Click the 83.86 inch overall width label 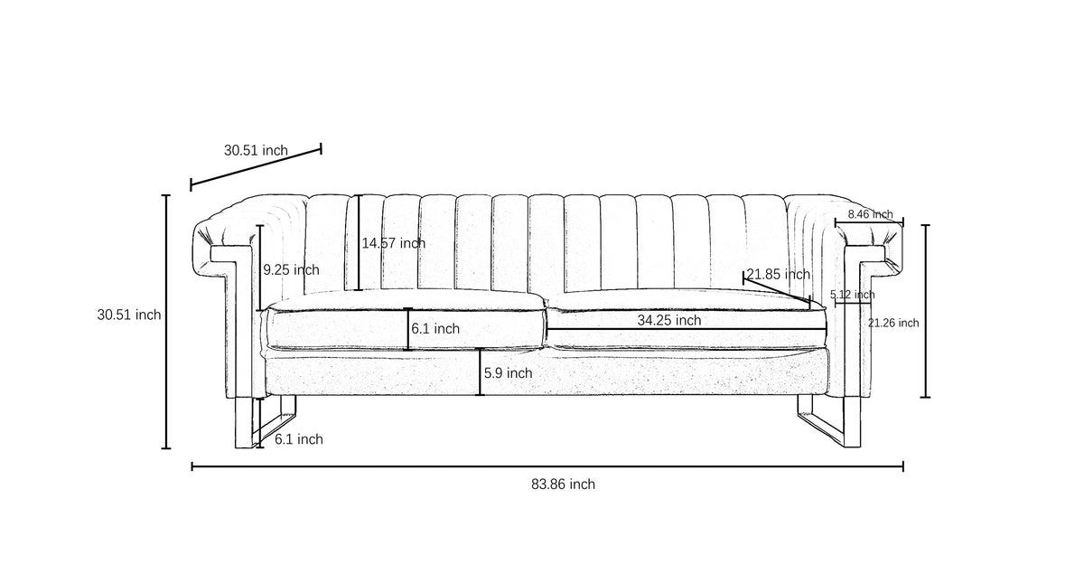tap(563, 484)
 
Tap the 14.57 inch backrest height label tap(394, 243)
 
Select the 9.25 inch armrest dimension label tap(291, 269)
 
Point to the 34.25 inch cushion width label tap(668, 320)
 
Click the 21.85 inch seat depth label tap(778, 275)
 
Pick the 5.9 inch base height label tap(508, 372)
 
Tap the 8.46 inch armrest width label tap(870, 214)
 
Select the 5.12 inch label tap(852, 295)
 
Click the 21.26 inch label tap(893, 323)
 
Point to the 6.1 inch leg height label tap(299, 439)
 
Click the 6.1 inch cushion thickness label tap(435, 329)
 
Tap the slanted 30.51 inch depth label tap(256, 151)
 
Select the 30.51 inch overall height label tap(128, 315)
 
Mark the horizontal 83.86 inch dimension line tap(547, 466)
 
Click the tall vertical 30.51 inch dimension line tap(166, 322)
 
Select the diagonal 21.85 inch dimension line tap(777, 290)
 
